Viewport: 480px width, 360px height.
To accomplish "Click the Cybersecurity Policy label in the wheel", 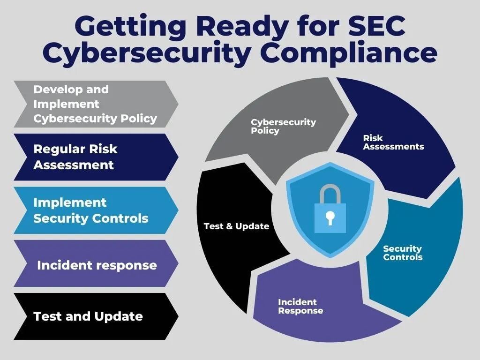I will [x=283, y=126].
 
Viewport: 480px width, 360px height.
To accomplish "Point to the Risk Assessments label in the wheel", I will [x=393, y=142].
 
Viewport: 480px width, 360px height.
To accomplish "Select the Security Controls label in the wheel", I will [x=402, y=253].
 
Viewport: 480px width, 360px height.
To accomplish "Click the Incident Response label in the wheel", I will [x=300, y=306].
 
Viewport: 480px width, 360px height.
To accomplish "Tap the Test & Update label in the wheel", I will [x=236, y=226].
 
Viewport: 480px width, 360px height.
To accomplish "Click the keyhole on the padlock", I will [x=330, y=217].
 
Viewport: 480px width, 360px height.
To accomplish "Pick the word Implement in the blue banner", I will [x=70, y=202].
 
